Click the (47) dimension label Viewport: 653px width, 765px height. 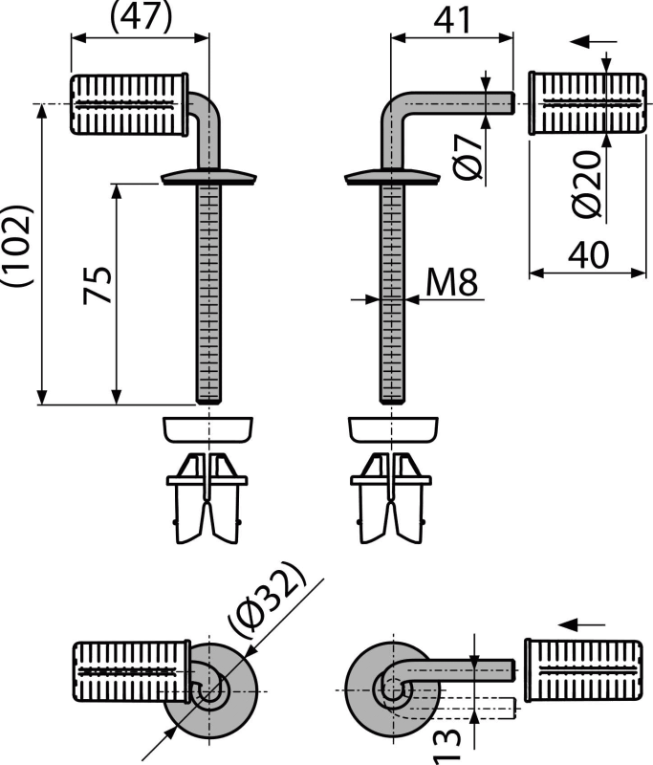pos(141,17)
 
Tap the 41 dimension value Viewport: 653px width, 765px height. pos(452,20)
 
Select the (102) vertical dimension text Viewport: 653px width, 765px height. pos(18,246)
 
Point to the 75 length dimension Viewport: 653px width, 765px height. pos(98,285)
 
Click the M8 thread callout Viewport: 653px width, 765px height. pos(451,282)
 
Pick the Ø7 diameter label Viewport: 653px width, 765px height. pos(468,157)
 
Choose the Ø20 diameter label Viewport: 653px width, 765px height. pos(587,184)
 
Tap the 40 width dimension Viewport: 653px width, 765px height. pos(589,254)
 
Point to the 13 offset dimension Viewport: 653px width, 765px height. pos(447,747)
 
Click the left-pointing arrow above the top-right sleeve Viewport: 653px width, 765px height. pos(594,42)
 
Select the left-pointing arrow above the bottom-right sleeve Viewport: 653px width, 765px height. pos(581,624)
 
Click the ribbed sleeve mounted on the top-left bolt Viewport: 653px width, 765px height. pos(129,104)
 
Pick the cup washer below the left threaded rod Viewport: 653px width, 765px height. pos(207,429)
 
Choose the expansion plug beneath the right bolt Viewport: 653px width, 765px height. pos(391,498)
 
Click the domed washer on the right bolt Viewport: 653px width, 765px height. pos(393,177)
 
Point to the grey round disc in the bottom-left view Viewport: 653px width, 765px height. pos(209,690)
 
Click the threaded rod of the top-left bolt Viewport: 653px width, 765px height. pos(208,293)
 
